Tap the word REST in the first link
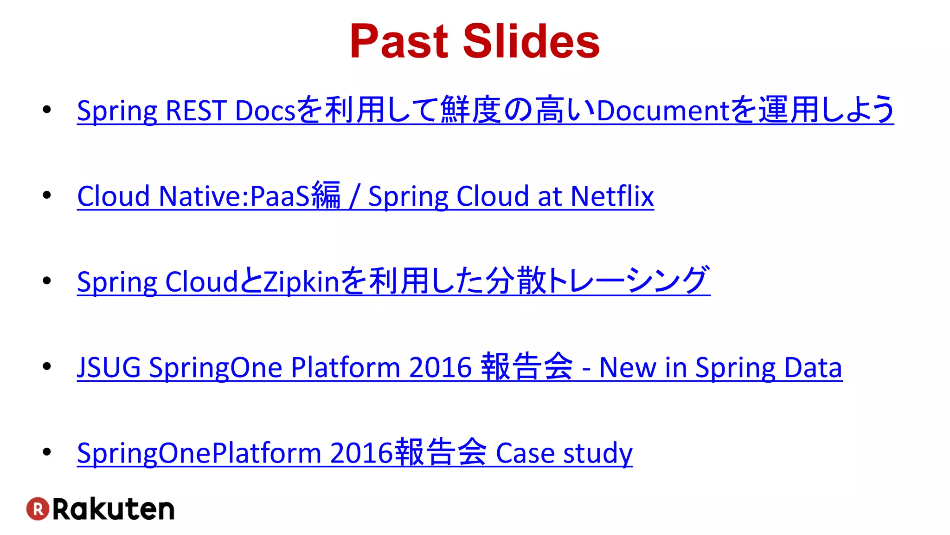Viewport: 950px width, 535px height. click(x=195, y=111)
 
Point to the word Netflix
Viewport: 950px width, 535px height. click(x=612, y=196)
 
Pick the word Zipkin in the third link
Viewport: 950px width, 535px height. click(x=302, y=281)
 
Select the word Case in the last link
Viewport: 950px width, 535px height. click(x=525, y=453)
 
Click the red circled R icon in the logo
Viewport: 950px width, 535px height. click(x=38, y=509)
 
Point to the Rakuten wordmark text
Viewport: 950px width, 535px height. click(x=114, y=509)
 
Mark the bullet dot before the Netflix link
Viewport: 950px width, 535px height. click(x=46, y=195)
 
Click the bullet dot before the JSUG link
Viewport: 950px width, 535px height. click(x=46, y=366)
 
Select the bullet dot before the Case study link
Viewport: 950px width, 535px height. click(x=46, y=452)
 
